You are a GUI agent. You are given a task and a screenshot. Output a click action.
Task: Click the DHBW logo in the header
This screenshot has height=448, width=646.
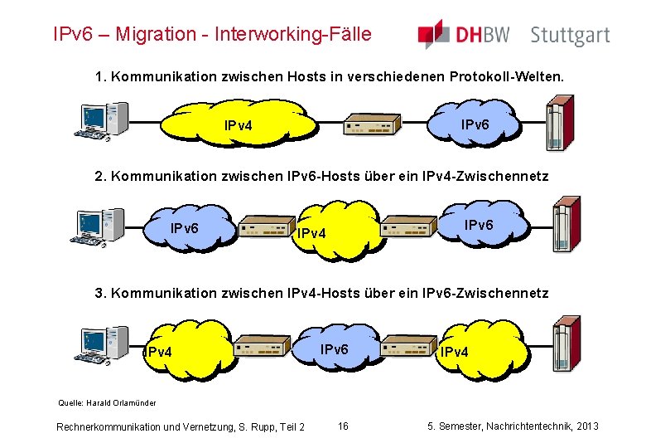click(464, 35)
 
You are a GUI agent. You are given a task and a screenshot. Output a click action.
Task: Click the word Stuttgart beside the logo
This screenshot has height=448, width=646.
click(569, 36)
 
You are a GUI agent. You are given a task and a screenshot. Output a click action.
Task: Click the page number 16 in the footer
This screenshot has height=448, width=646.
click(343, 426)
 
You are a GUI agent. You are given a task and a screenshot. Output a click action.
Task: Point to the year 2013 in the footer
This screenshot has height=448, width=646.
click(586, 426)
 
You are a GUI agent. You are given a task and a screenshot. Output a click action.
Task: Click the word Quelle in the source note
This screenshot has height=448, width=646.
click(69, 403)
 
